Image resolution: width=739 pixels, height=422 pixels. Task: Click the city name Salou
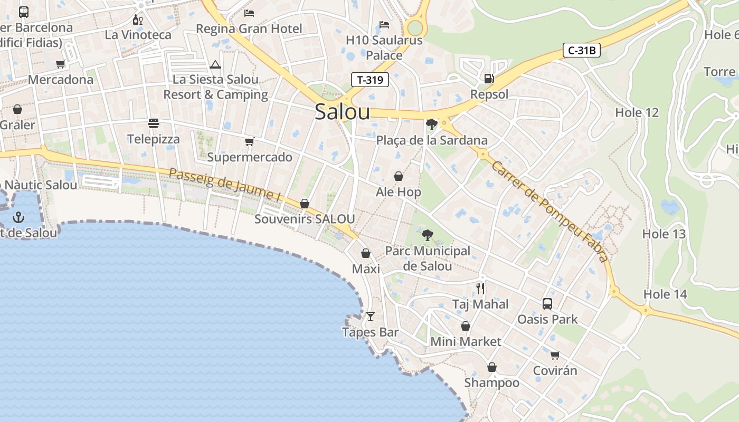point(342,112)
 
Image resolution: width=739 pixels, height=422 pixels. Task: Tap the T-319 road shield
point(370,80)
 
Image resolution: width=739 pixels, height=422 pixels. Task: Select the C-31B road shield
point(581,51)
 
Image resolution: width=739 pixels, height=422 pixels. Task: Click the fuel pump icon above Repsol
point(489,79)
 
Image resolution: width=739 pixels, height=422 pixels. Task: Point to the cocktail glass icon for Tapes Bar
point(371,316)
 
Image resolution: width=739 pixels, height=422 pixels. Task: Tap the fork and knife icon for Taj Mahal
point(480,288)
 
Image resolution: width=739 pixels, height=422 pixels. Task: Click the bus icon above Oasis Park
point(547,304)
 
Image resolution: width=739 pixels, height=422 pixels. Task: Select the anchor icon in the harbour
point(18,217)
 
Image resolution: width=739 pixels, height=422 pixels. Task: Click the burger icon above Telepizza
point(154,123)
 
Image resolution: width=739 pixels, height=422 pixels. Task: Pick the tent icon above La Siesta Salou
point(215,64)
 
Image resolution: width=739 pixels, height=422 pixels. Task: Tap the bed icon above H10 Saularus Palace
point(384,25)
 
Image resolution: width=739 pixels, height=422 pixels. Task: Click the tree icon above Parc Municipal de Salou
point(427,235)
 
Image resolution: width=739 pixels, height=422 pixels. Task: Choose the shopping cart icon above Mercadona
point(60,64)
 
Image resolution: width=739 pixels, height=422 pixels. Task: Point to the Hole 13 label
point(664,234)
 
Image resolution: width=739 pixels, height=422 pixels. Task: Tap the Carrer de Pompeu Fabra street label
point(549,211)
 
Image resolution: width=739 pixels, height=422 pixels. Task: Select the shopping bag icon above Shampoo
point(491,367)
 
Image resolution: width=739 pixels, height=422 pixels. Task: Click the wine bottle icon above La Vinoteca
point(138,20)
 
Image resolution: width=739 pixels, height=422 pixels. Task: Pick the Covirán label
point(555,370)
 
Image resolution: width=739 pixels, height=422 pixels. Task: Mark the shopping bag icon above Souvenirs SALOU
point(305,204)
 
